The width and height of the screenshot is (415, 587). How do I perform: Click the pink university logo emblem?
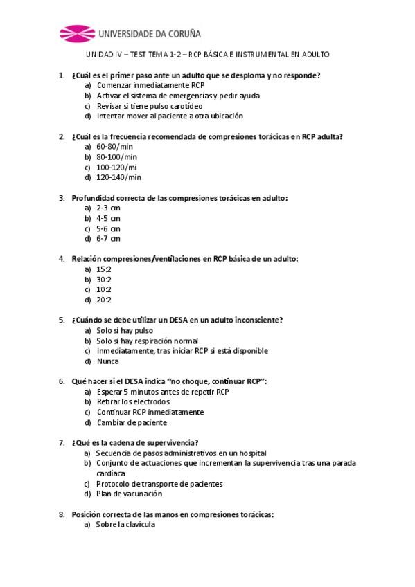[76, 33]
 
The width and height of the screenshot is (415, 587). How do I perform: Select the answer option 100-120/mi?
[116, 167]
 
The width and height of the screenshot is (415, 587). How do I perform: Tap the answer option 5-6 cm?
[108, 228]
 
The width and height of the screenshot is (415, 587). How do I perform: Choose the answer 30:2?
[104, 280]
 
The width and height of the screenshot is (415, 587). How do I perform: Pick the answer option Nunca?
[107, 361]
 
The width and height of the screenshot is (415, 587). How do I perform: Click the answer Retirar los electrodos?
[133, 401]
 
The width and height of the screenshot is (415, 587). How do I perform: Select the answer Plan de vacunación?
[129, 494]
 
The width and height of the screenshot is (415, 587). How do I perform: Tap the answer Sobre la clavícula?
[125, 524]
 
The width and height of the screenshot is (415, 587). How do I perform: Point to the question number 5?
[62, 320]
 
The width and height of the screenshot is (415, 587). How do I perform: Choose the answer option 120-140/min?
[118, 177]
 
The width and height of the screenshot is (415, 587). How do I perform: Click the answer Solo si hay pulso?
[125, 330]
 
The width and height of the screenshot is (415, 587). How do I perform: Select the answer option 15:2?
[104, 269]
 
